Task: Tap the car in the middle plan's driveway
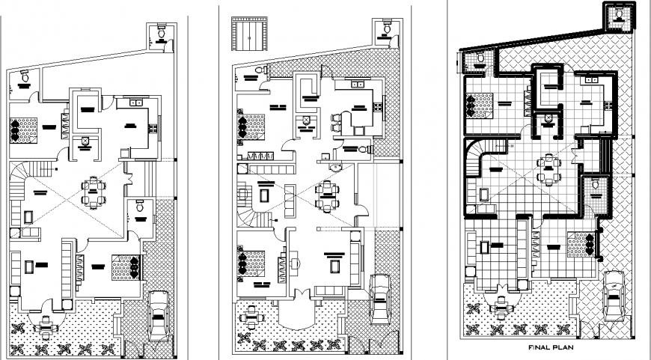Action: pos(379,296)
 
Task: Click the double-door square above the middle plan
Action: pos(247,34)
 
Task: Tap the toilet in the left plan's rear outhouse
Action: pos(161,32)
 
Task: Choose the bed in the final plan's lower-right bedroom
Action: pos(581,243)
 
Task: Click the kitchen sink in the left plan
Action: pos(137,103)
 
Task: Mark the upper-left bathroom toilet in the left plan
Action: pos(25,76)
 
